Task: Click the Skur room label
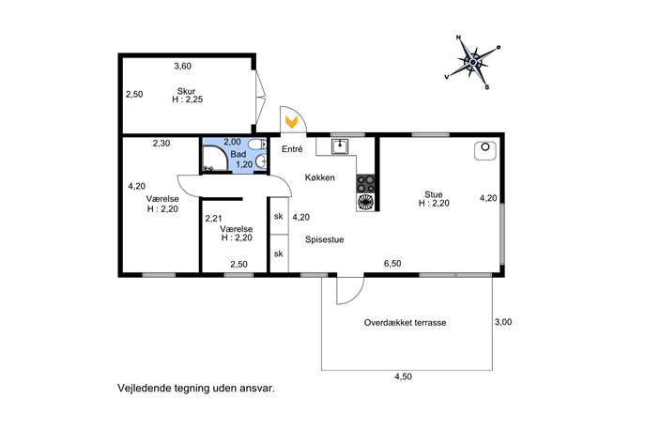coord(186,91)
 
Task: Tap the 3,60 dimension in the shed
coord(183,67)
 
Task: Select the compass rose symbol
coord(473,62)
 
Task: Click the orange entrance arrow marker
coord(292,122)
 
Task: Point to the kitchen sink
coord(340,146)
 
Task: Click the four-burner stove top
coord(366,183)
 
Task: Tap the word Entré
coord(292,149)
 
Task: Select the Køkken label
coord(319,177)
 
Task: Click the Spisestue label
coord(325,239)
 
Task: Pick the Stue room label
coord(434,194)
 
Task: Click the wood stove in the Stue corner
coord(485,150)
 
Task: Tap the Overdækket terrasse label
coord(406,323)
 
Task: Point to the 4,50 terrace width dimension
coord(403,376)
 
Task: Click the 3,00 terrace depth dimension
coord(503,322)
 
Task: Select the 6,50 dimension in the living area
coord(392,264)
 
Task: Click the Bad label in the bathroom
coord(238,154)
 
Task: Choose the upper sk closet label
coord(279,216)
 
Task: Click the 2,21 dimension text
coord(214,219)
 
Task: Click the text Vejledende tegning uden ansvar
coord(196,388)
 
